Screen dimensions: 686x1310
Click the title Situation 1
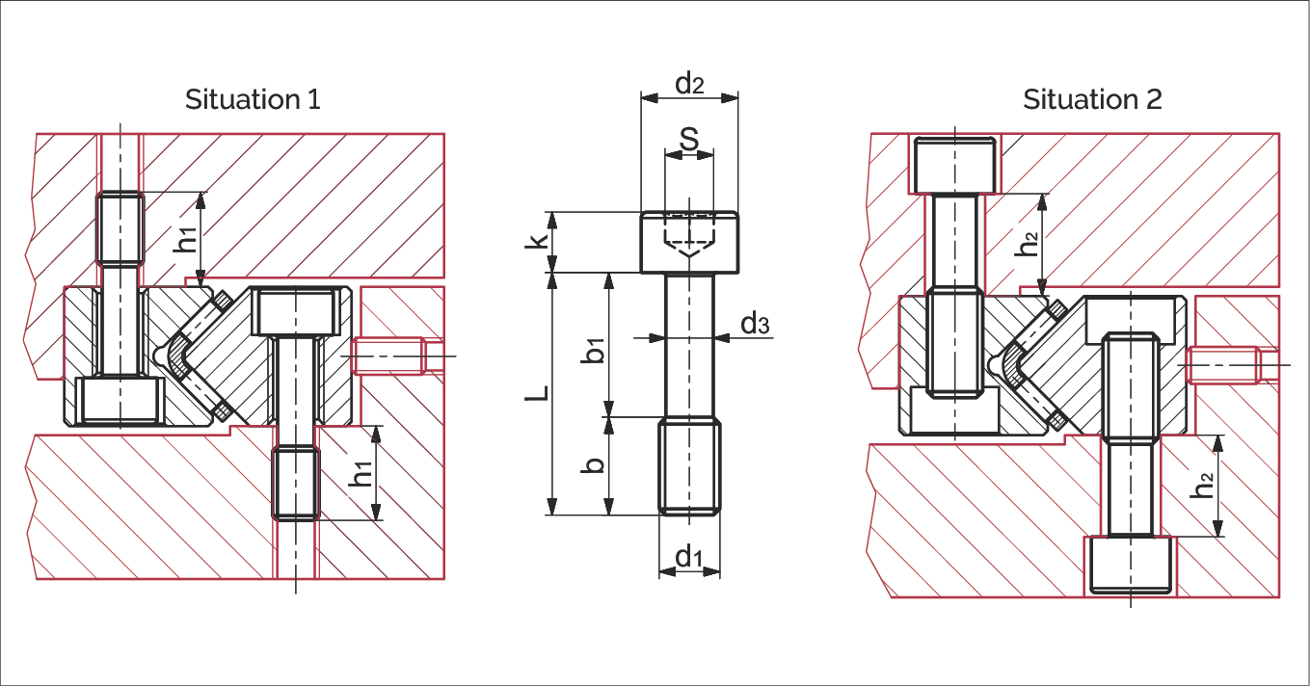coord(253,99)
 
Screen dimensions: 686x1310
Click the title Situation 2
coord(1092,99)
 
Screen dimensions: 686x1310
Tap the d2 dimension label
coord(689,84)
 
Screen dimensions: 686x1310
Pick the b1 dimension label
coord(595,349)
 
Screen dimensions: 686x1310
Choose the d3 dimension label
coord(755,325)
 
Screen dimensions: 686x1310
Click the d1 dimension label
coord(688,556)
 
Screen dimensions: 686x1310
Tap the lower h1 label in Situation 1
coord(361,474)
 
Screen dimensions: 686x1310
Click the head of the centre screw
coord(689,243)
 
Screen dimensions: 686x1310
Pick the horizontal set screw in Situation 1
coord(390,356)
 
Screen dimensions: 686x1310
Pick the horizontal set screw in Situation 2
coord(1224,365)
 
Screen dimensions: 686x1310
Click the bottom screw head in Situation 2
coord(1130,564)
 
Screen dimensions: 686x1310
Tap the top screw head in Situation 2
coord(954,165)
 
